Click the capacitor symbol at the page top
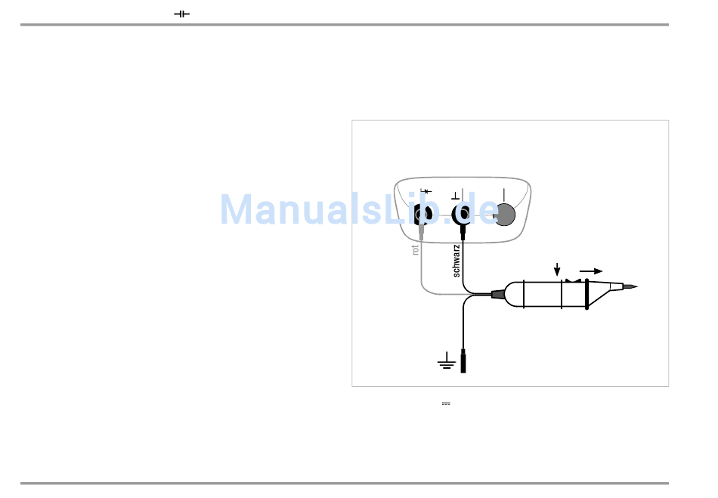coord(181,14)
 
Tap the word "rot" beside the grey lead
coord(416,249)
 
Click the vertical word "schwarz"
coord(456,260)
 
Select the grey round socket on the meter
coord(505,215)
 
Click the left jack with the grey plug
coord(422,215)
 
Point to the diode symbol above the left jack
coord(425,191)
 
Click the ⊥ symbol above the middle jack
coord(454,194)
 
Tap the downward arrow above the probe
coord(557,270)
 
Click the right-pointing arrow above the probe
coord(591,270)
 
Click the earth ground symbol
coord(446,363)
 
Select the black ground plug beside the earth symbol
coord(463,361)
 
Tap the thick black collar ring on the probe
coord(586,294)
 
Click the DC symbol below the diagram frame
coord(446,404)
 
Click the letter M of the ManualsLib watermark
coord(236,209)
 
